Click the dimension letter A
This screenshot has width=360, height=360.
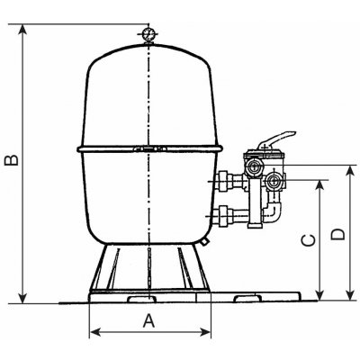point(148,320)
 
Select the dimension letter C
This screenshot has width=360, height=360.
point(308,240)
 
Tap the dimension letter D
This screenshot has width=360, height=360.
point(338,234)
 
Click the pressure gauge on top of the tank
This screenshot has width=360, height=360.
point(148,34)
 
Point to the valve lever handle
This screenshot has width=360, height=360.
point(276,139)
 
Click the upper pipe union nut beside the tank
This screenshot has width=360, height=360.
point(224,181)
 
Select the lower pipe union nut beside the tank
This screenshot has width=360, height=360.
point(224,216)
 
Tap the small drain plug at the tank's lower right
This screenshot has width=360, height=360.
point(204,241)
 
